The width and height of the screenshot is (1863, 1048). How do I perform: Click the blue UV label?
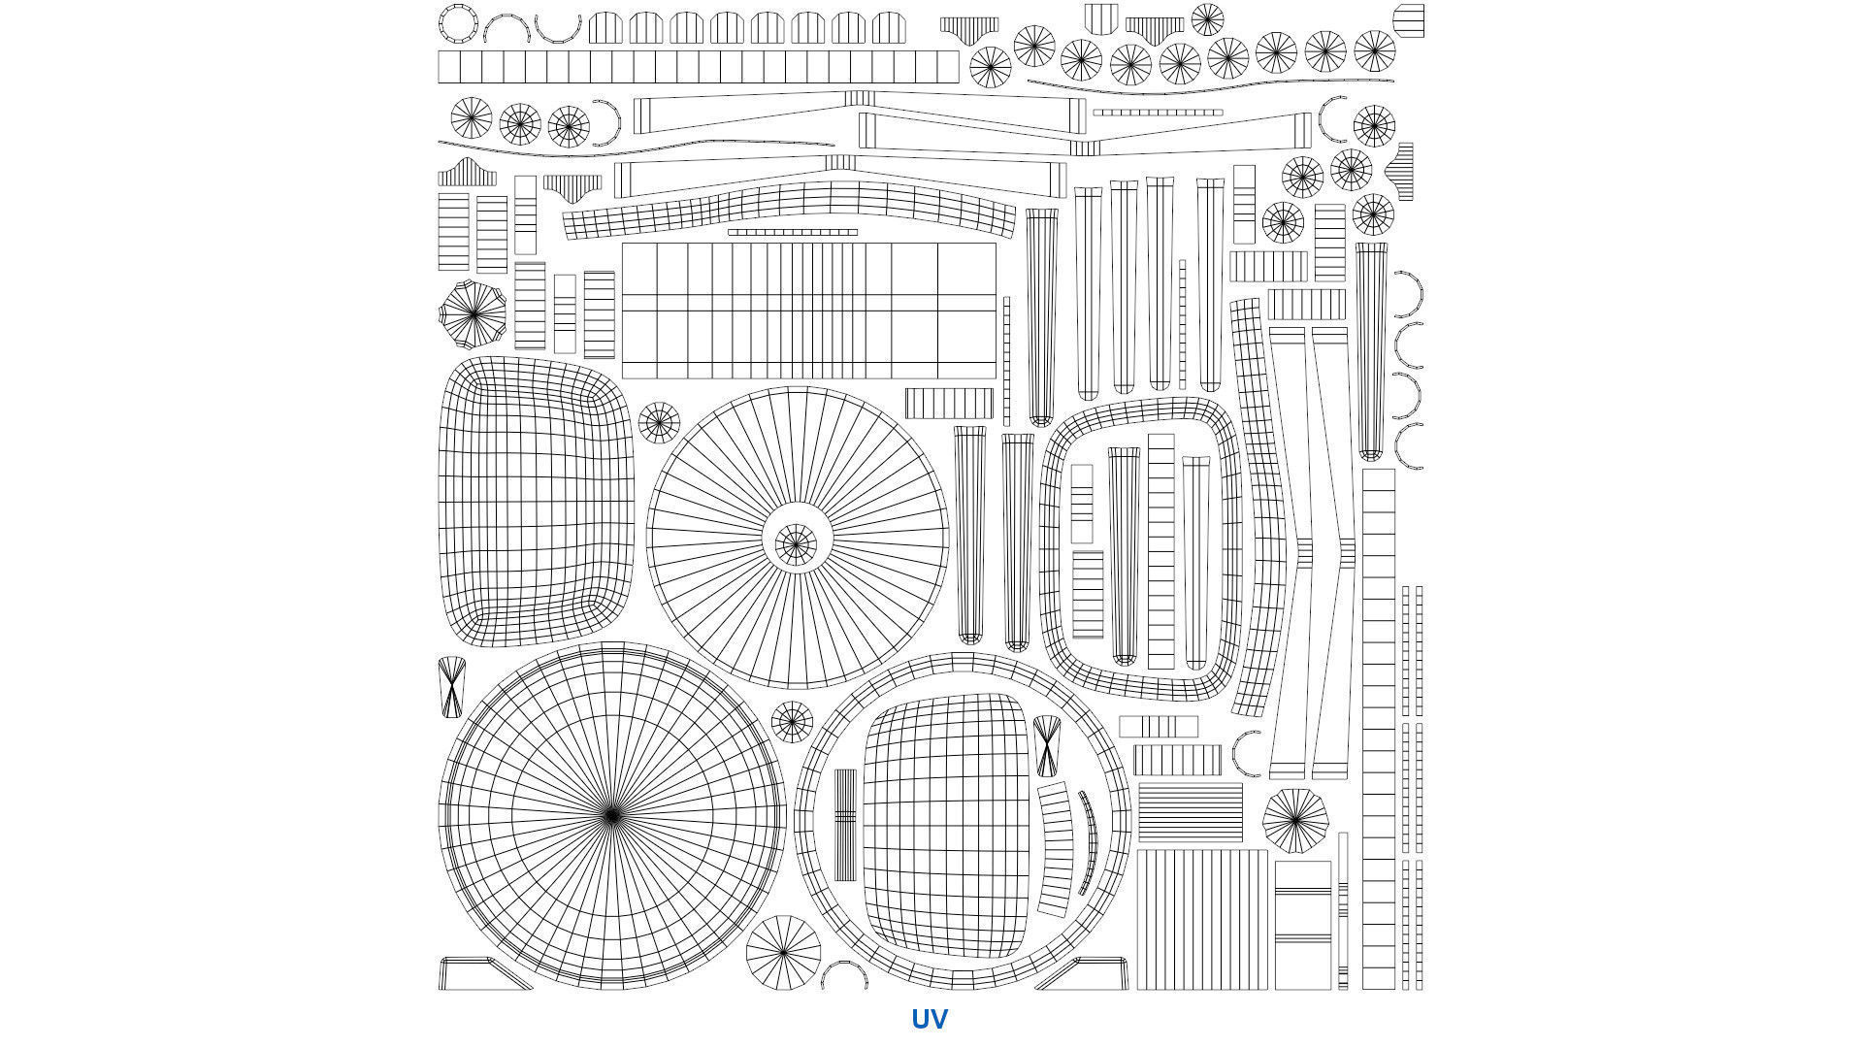[x=929, y=1019]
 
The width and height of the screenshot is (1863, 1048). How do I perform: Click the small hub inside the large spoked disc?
[x=796, y=544]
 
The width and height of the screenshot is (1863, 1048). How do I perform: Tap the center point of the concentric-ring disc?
[x=611, y=816]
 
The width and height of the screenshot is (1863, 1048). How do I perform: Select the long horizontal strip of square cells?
[x=699, y=67]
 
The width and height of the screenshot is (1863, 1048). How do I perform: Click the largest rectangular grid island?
[x=808, y=311]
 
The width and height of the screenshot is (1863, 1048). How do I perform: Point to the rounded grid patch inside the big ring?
[x=945, y=825]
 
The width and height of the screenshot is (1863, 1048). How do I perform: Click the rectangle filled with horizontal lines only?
[x=1190, y=812]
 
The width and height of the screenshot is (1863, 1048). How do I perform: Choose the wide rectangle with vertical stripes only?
[x=1202, y=920]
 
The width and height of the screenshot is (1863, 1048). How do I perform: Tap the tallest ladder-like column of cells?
[x=1378, y=729]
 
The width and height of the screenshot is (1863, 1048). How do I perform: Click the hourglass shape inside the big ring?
[x=1047, y=746]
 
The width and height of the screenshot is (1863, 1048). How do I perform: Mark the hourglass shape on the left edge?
[x=452, y=688]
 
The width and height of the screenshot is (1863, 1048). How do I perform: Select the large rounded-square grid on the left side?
[x=537, y=501]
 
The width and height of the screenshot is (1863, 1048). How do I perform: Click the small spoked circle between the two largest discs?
[x=792, y=722]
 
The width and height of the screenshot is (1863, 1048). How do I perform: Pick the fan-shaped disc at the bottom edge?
[x=783, y=952]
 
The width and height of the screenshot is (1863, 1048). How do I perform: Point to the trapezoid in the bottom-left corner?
[x=483, y=973]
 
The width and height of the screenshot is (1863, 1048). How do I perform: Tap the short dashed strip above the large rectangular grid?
[x=793, y=233]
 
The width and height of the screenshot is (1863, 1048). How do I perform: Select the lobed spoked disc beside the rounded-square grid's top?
[x=473, y=314]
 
